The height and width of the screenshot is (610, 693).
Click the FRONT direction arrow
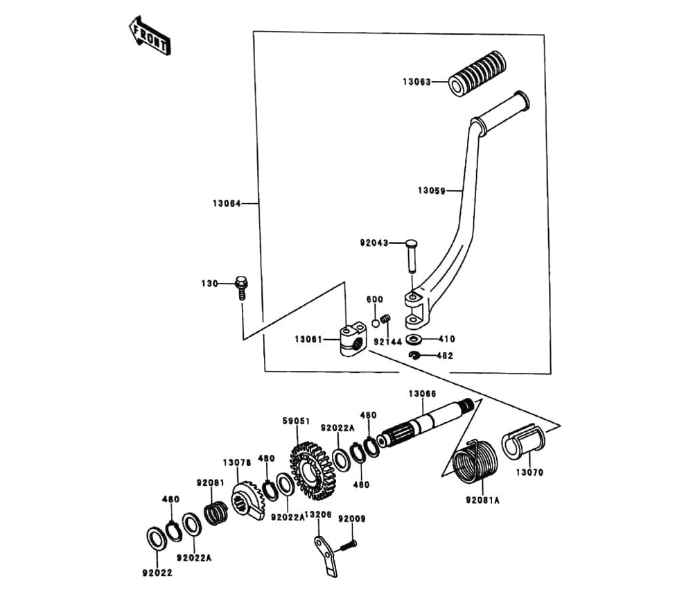(x=150, y=35)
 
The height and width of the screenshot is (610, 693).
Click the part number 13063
(x=416, y=82)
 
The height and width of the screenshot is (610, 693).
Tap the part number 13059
(x=431, y=191)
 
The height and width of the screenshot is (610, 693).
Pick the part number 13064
(x=227, y=203)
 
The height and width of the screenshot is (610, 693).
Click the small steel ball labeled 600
(x=375, y=323)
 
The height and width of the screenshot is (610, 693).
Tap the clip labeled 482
(x=414, y=355)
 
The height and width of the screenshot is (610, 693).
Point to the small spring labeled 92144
(x=386, y=319)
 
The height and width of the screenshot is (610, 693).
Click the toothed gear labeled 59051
(x=311, y=471)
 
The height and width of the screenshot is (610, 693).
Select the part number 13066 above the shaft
(x=422, y=394)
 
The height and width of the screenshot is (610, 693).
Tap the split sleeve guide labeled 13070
(x=523, y=442)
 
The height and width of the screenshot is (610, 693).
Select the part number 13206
(x=318, y=514)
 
